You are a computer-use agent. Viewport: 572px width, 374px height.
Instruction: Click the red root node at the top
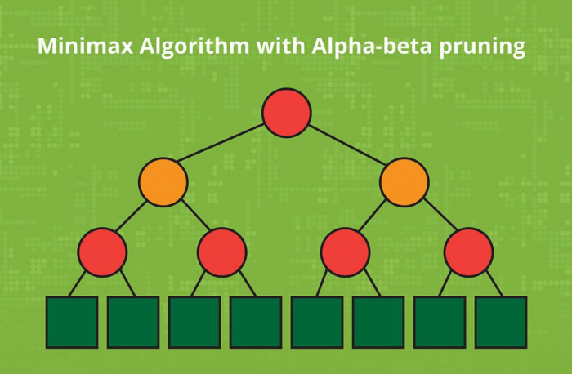(x=287, y=113)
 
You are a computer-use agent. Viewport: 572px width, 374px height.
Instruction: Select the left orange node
(x=163, y=182)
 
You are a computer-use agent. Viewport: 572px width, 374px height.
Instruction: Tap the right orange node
(x=404, y=182)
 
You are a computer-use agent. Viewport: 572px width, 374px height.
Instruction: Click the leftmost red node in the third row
(x=102, y=252)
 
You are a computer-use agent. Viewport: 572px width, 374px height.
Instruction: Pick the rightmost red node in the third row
(x=469, y=252)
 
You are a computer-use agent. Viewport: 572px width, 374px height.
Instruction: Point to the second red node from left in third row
(x=222, y=252)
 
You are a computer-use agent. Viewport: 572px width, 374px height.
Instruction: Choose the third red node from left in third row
(x=346, y=252)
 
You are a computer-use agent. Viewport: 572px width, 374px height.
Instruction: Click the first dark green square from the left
(x=72, y=323)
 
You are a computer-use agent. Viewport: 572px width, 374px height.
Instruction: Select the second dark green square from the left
(x=133, y=323)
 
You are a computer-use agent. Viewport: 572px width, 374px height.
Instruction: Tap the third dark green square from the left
(x=194, y=323)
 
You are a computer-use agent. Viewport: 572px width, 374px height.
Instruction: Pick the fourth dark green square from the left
(x=256, y=323)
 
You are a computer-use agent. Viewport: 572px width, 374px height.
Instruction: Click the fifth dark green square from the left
(x=317, y=323)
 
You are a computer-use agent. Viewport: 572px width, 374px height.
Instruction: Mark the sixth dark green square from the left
(x=378, y=323)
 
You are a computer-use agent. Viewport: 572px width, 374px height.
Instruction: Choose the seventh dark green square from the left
(x=440, y=323)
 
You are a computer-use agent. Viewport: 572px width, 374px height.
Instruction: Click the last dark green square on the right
(x=501, y=323)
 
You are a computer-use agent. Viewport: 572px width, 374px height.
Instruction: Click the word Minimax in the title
(x=86, y=46)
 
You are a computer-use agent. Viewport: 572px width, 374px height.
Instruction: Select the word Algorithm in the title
(x=194, y=47)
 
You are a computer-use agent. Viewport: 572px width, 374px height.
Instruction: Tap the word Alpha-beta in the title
(x=372, y=47)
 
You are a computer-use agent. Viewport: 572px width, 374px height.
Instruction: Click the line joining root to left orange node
(x=221, y=143)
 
